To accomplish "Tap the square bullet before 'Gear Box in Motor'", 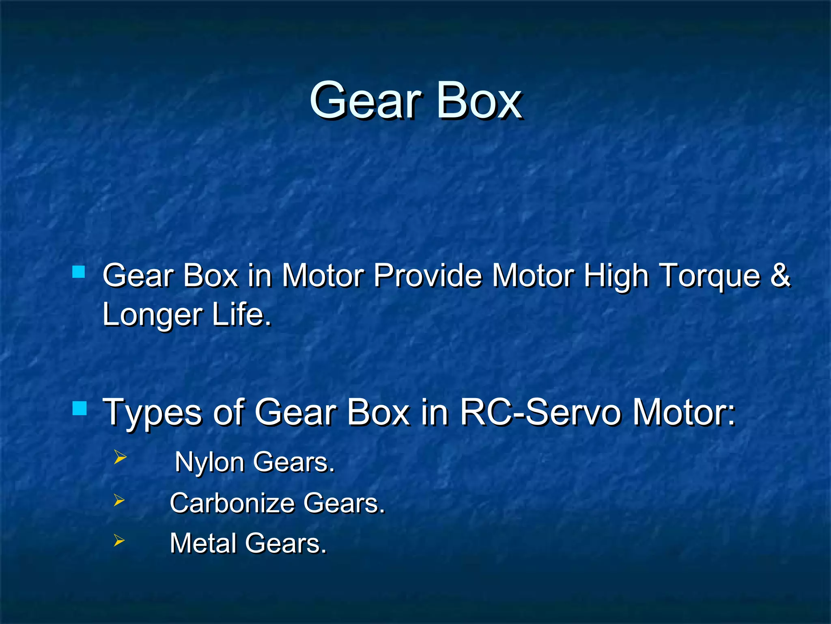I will [x=79, y=271].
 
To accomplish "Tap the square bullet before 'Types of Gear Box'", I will [x=80, y=408].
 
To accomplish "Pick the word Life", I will [x=242, y=314].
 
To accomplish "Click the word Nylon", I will [x=209, y=463].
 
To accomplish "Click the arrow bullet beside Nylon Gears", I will [x=120, y=457].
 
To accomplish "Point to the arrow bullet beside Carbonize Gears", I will [x=119, y=500].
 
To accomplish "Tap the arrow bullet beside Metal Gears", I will [x=119, y=540].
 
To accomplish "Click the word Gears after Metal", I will [x=286, y=544].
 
